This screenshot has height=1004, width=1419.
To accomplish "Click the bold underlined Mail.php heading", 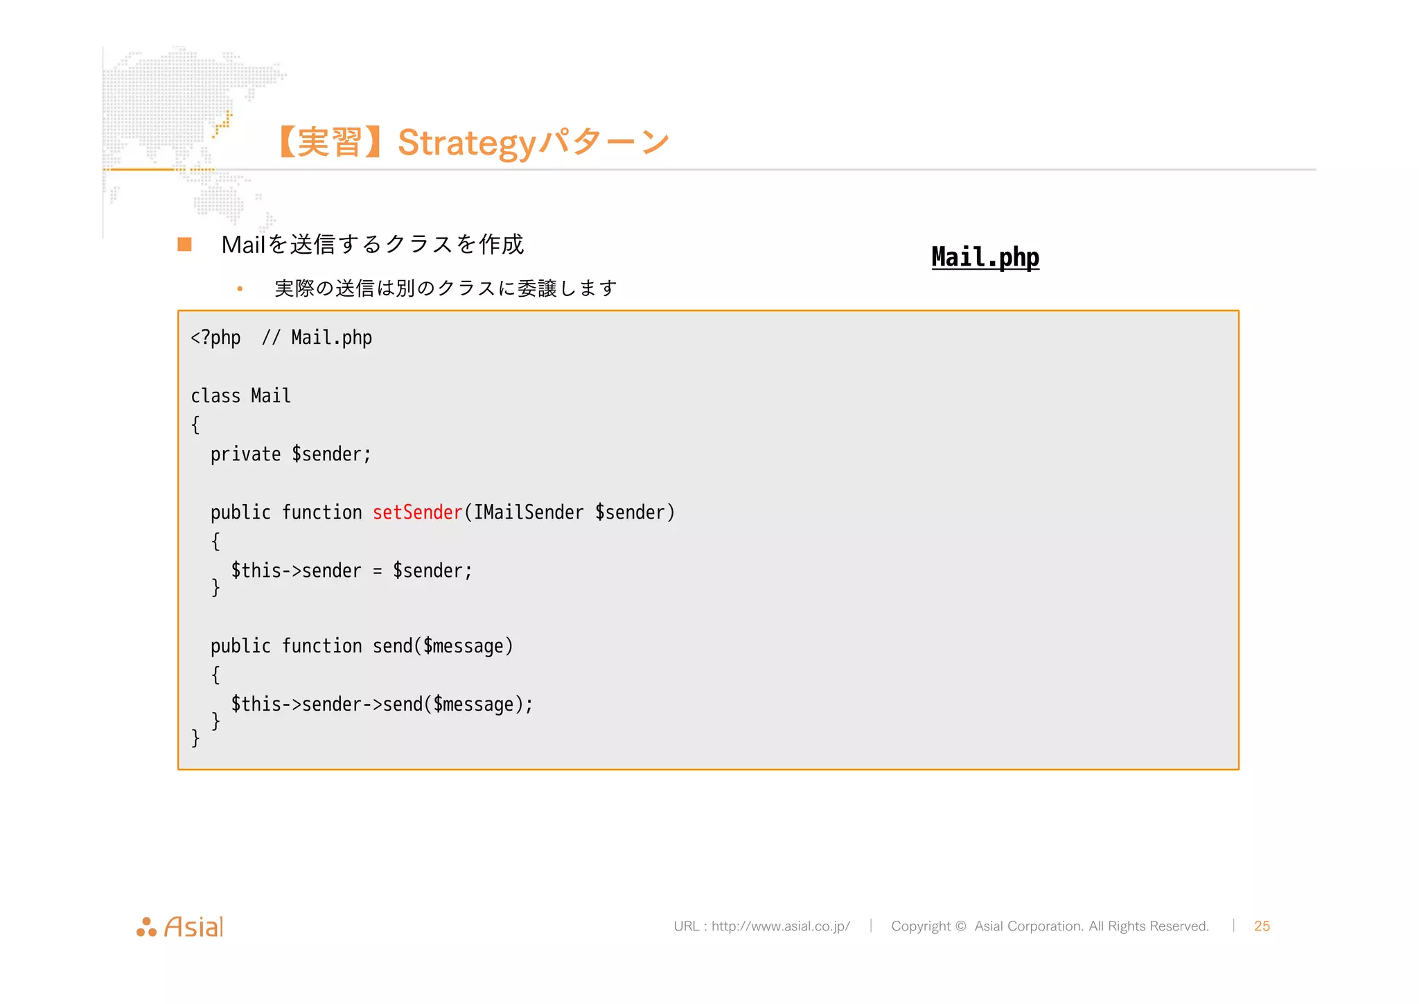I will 985,257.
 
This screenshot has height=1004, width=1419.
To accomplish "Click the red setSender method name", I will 417,512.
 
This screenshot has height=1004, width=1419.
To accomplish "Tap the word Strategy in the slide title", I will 467,144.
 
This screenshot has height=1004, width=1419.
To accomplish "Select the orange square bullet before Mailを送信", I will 184,244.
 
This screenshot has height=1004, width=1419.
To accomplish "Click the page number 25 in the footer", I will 1262,926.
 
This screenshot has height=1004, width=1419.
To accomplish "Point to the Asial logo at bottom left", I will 180,926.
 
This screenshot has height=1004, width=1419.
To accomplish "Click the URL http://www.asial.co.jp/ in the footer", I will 780,926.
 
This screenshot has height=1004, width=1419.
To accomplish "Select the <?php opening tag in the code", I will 215,338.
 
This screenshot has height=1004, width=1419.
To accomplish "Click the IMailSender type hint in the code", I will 529,512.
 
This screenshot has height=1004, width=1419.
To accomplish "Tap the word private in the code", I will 245,454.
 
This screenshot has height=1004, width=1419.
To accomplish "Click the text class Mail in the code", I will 240,396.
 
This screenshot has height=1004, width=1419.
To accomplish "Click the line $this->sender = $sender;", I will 351,571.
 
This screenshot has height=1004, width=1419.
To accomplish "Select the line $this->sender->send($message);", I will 382,704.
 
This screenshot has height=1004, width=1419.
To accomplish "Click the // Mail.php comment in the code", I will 317,338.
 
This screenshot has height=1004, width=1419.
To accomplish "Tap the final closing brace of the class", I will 195,738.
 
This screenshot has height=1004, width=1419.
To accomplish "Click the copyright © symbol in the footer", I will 960,926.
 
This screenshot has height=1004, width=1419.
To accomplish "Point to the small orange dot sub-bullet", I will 240,288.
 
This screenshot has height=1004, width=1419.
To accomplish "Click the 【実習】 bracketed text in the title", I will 330,143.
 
